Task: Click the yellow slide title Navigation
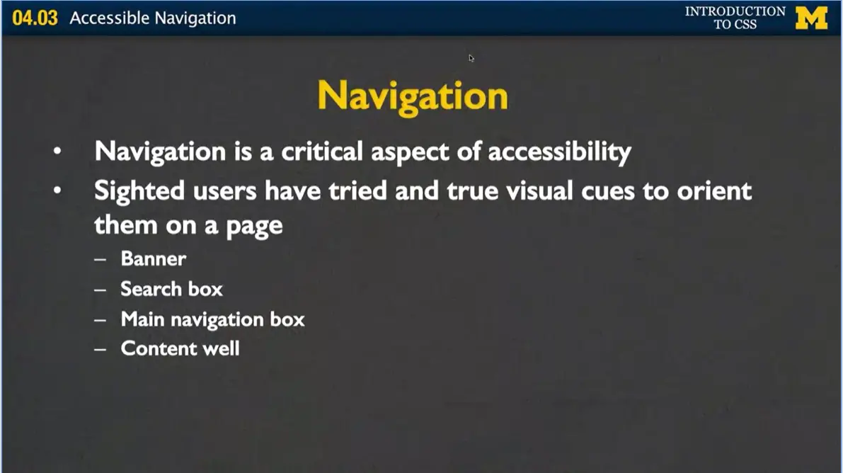[413, 96]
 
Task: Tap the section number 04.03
[35, 18]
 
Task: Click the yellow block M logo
[811, 18]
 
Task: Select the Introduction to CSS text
[735, 18]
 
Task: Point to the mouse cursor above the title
[471, 58]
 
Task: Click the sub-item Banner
[154, 258]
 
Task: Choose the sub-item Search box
[171, 289]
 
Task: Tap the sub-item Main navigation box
[212, 319]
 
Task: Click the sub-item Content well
[180, 348]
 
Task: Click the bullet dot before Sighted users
[57, 191]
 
